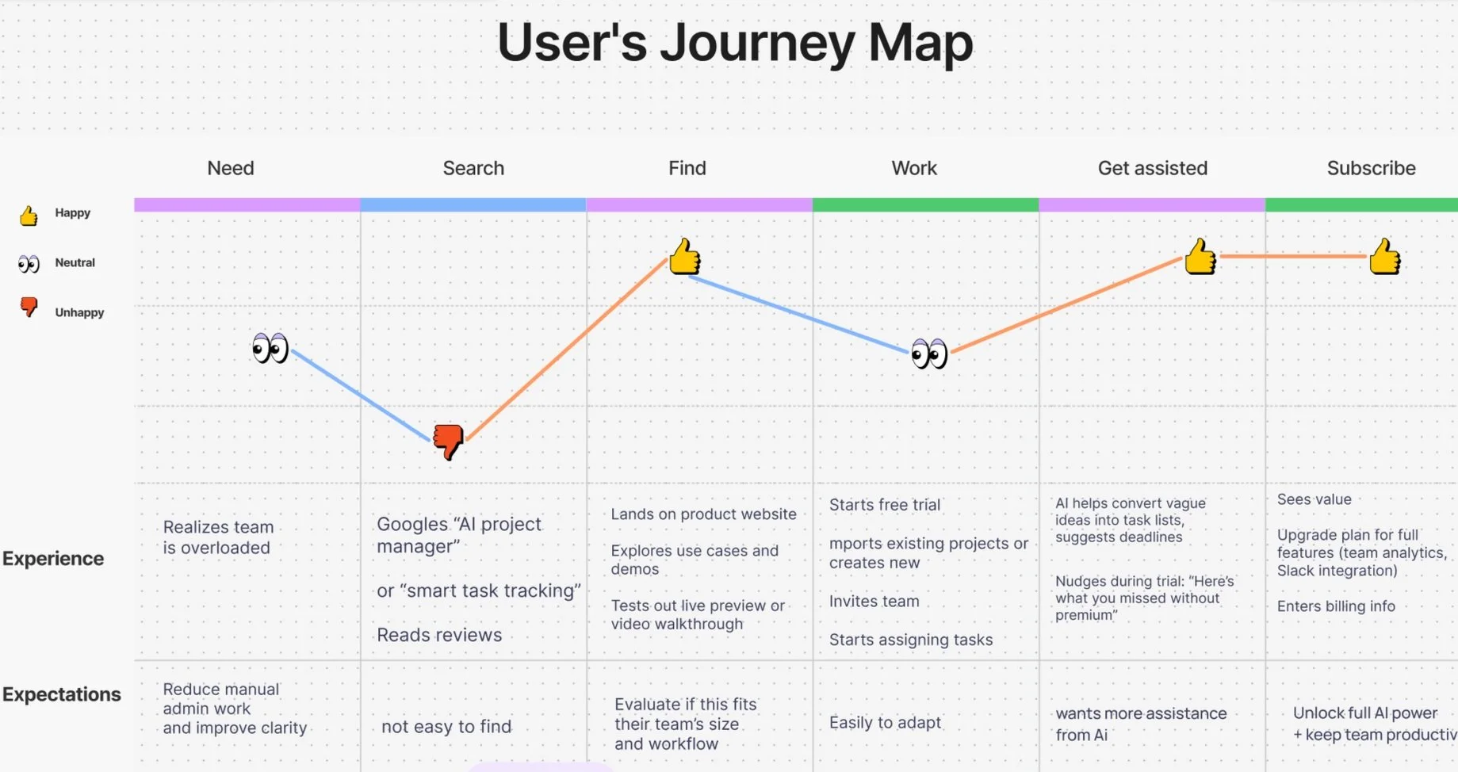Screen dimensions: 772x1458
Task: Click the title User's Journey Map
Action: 734,43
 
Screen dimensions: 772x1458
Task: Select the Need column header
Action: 231,168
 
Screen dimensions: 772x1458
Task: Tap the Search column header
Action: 473,168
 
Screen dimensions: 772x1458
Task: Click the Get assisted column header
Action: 1152,168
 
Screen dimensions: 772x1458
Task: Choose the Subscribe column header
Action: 1371,168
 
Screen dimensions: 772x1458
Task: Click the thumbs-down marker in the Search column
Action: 449,441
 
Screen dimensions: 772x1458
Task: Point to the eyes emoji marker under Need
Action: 270,348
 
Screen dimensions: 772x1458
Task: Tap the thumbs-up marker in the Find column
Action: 685,257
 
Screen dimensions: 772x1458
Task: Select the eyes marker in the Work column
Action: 929,354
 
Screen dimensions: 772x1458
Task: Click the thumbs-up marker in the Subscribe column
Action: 1385,257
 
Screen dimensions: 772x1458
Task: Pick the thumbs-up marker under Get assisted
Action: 1200,257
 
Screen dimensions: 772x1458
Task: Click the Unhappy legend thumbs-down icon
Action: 29,308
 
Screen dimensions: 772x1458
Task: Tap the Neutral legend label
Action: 75,262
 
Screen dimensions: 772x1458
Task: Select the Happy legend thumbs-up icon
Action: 29,216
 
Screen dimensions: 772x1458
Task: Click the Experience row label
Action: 53,558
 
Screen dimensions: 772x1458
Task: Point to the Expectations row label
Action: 62,694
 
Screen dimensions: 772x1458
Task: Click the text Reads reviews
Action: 439,635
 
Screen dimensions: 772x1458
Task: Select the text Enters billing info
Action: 1336,606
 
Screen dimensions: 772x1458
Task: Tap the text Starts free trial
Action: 885,505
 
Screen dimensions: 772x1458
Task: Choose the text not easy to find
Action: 446,727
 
